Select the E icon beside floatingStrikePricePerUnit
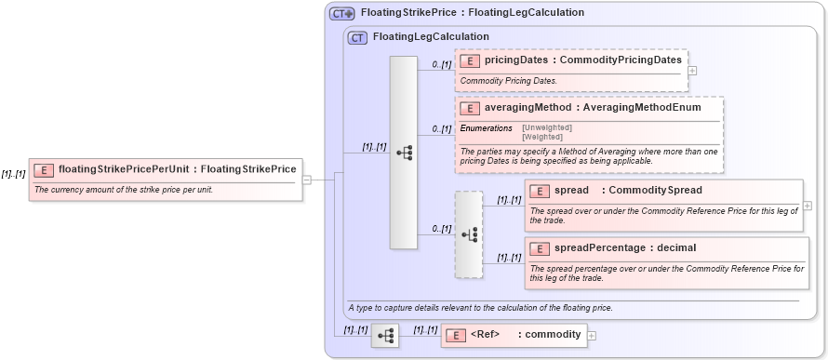coord(44,170)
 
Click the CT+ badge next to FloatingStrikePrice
coord(342,14)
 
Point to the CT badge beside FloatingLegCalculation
coord(356,37)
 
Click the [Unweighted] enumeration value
coord(547,127)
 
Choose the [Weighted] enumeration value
coord(542,137)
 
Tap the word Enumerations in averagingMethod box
coord(487,127)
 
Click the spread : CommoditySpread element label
coord(614,191)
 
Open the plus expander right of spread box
coord(807,206)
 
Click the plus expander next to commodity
coord(592,335)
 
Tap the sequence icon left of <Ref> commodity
coord(384,335)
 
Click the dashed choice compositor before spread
coord(469,234)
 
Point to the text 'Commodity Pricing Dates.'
coord(508,81)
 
